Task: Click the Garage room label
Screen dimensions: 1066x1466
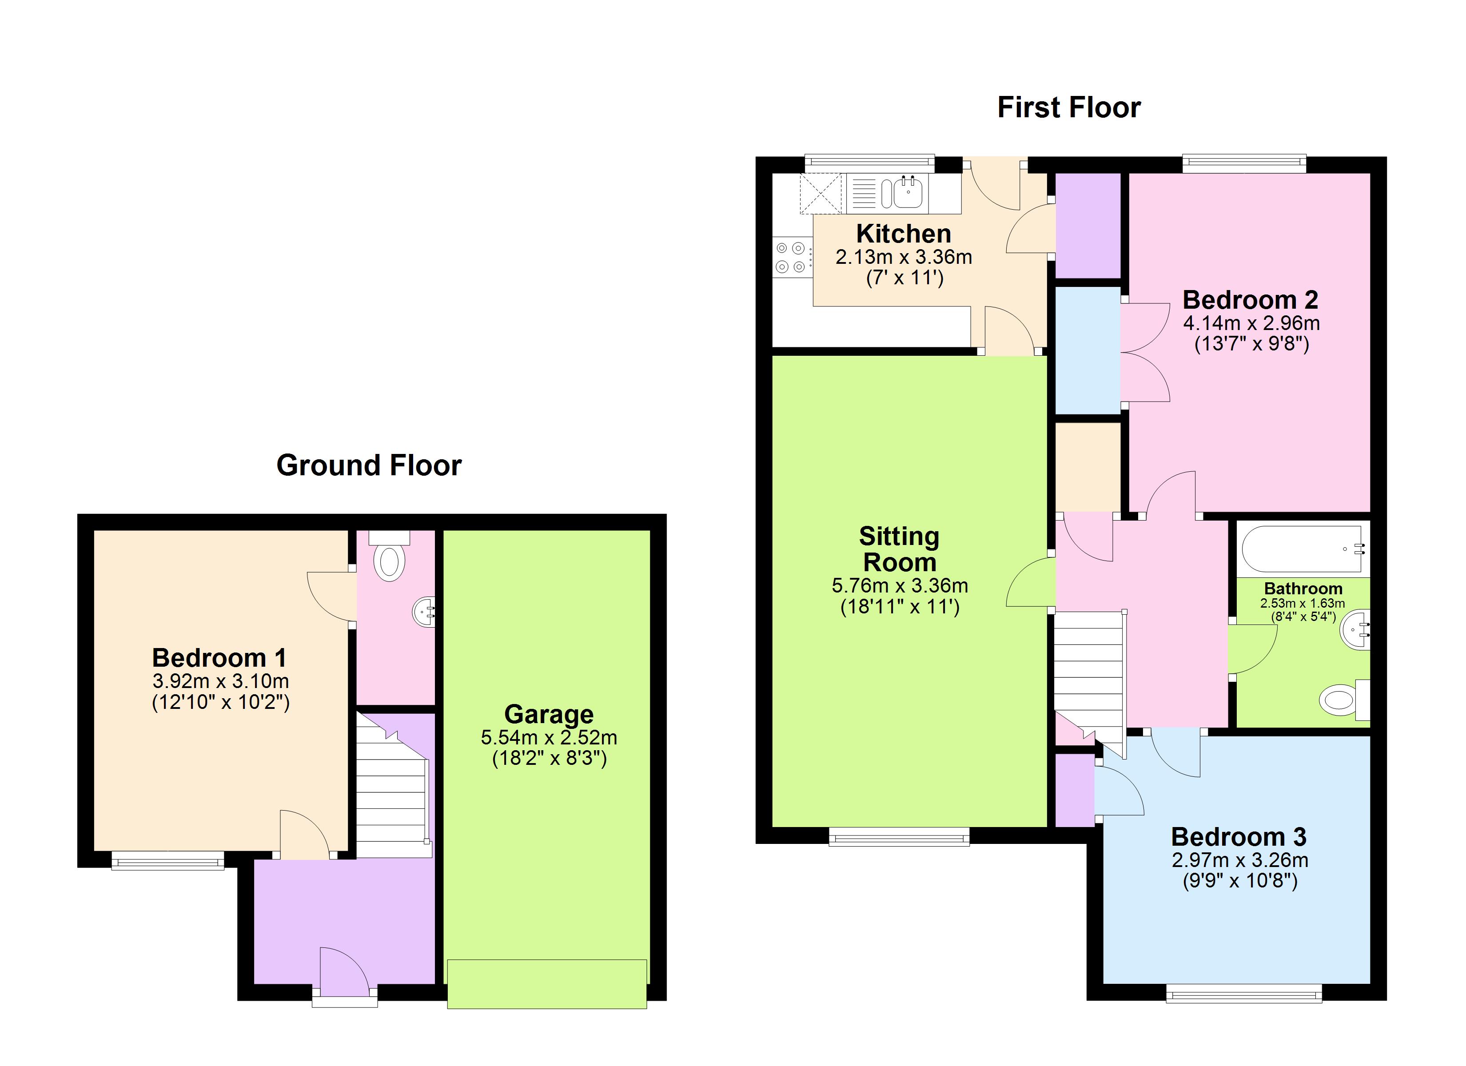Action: point(548,714)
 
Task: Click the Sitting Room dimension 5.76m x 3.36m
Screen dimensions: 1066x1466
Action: point(899,586)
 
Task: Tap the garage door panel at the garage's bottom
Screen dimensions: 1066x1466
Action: point(546,984)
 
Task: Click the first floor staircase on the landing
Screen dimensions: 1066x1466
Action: point(1089,672)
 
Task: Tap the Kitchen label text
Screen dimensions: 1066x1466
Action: point(903,233)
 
